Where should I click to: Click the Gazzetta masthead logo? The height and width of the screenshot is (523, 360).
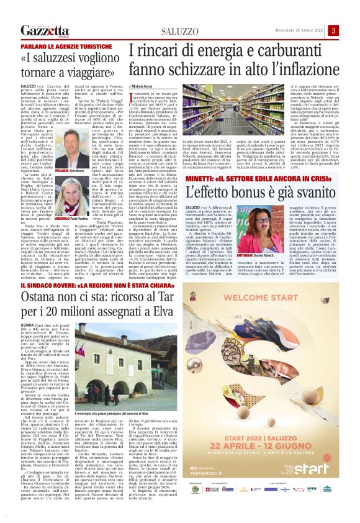coord(44,30)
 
